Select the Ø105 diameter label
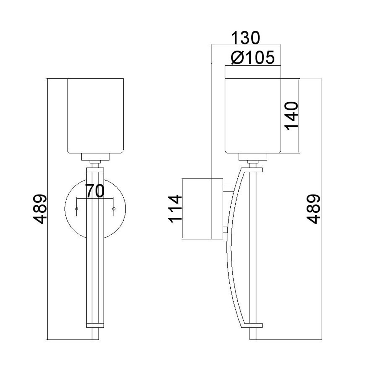click(x=253, y=58)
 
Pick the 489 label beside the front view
click(x=39, y=209)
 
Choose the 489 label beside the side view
click(x=313, y=209)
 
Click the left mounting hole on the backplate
click(x=76, y=209)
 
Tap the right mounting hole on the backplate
click(x=114, y=209)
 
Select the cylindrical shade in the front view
click(x=95, y=116)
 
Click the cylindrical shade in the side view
click(x=253, y=116)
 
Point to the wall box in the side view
click(x=202, y=209)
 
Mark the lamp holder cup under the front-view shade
click(x=95, y=157)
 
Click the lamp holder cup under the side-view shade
click(x=253, y=157)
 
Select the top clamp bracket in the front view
click(x=95, y=170)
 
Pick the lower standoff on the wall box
click(x=225, y=229)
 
